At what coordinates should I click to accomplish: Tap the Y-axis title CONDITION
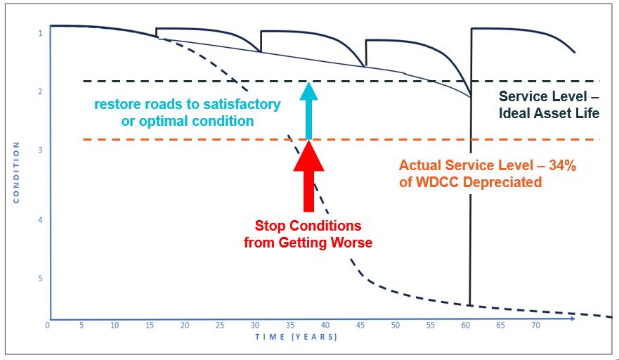coord(16,173)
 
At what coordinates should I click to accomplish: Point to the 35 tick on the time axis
coord(290,326)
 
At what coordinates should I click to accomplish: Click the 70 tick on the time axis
coord(535,326)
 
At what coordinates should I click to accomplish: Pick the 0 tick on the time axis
coord(47,326)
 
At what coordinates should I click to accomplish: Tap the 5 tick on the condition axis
coord(40,278)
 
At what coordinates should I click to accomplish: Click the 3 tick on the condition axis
coord(40,150)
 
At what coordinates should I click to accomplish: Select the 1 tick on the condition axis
coord(40,33)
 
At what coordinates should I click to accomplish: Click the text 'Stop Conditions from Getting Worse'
coord(308,234)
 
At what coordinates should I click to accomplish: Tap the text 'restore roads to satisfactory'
coord(187,105)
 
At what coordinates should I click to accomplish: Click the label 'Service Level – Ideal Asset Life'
coord(549,104)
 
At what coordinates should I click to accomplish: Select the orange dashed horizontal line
coord(176,139)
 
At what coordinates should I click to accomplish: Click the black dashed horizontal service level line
coord(176,81)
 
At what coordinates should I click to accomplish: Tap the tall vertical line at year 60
coord(469,211)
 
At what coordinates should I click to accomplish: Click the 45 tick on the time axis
coord(360,326)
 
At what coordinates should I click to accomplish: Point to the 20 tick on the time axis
coord(185,326)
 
